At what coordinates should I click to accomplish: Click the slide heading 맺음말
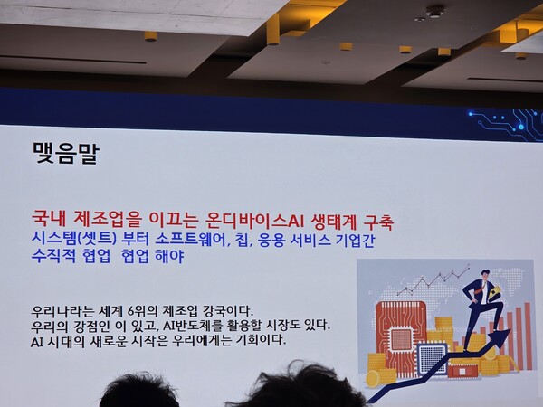(65, 152)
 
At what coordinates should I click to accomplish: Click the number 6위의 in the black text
(149, 308)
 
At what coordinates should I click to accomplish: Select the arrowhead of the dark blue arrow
(495, 337)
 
